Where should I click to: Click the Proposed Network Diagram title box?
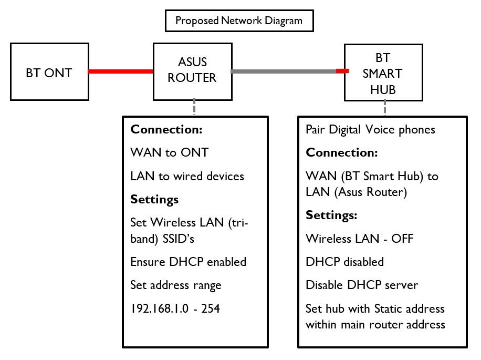(238, 21)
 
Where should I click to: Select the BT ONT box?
(49, 73)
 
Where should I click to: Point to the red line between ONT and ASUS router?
(120, 71)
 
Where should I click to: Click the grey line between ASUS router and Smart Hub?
(284, 71)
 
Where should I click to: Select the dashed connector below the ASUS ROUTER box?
(195, 107)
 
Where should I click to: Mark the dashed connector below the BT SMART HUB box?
(385, 108)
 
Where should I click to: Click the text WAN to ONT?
(169, 153)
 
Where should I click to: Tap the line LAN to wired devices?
(187, 176)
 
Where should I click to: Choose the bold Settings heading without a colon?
(154, 199)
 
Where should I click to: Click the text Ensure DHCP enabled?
(188, 261)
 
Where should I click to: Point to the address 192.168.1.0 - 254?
(175, 308)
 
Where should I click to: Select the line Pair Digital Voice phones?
(370, 129)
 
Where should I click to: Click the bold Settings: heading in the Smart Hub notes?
(332, 215)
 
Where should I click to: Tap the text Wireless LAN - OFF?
(360, 239)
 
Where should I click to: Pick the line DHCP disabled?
(344, 262)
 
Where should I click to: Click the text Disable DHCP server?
(362, 285)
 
